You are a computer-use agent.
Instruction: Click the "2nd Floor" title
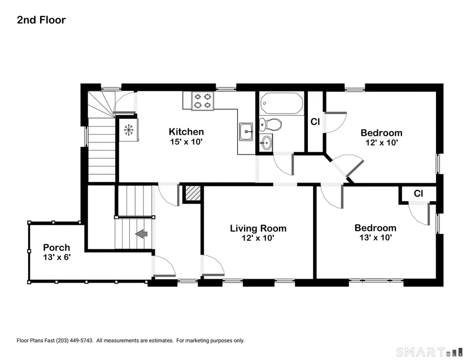point(41,20)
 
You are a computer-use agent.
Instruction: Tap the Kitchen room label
point(186,131)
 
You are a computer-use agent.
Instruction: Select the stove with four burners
point(203,101)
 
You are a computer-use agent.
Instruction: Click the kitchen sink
point(246,131)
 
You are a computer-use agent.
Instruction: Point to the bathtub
point(282,103)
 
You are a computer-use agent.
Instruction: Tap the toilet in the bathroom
point(270,125)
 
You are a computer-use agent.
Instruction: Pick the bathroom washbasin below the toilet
point(265,144)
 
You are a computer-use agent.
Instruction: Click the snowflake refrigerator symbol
point(129,130)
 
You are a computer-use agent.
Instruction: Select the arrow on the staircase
point(141,233)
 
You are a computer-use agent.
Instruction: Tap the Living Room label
point(258,228)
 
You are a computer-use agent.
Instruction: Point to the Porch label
point(56,248)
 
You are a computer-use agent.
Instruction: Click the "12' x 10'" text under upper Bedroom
point(382,142)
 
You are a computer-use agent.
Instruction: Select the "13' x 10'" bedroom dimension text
point(376,237)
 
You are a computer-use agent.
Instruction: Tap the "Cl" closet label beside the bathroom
point(315,122)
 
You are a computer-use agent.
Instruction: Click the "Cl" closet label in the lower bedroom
point(418,193)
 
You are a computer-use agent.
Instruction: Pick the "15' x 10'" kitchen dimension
point(186,141)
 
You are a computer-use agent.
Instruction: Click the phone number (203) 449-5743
point(75,340)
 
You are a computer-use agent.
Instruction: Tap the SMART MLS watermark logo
point(429,352)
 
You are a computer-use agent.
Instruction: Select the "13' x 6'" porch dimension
point(56,257)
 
